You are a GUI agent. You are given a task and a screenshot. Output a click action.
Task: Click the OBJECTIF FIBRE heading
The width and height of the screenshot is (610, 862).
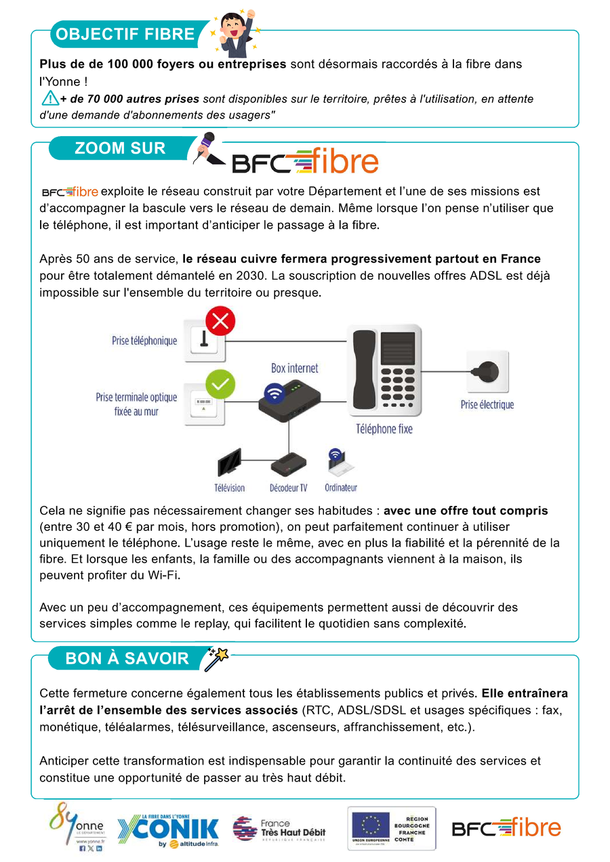point(125,34)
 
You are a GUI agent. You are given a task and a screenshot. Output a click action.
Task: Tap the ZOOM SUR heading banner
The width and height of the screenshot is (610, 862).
point(120,148)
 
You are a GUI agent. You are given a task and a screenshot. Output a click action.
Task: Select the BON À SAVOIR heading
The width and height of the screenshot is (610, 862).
point(127,658)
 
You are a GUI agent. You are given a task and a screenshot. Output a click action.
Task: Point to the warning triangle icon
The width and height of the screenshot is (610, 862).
point(50,99)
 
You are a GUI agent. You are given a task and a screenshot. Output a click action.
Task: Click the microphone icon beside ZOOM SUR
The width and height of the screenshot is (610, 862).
point(206,148)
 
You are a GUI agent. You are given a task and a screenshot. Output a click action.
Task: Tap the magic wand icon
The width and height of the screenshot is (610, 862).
point(217,658)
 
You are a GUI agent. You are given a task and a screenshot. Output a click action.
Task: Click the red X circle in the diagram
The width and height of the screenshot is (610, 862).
point(220,320)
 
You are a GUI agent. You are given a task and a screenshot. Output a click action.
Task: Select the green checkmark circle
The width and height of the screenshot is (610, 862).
point(220,384)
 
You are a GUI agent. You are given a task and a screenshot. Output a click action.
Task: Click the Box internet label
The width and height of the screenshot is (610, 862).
point(294,368)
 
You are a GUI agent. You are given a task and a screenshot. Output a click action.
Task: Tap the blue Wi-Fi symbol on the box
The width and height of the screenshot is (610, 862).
point(274,393)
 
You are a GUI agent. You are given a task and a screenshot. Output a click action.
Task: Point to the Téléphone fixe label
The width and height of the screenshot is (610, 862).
point(384,429)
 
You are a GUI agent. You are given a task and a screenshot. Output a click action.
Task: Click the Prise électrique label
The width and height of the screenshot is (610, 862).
point(487,405)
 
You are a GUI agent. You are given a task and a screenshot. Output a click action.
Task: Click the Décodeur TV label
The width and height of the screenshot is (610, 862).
point(288,488)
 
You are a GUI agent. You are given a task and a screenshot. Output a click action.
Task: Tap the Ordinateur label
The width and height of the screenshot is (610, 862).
point(340,488)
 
